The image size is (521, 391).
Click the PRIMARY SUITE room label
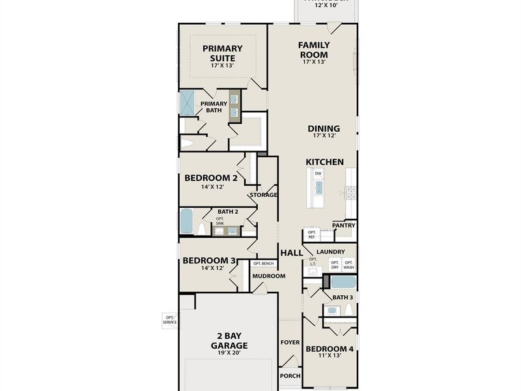tap(222, 53)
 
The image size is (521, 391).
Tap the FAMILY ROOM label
tap(314, 50)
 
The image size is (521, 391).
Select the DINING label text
tap(324, 128)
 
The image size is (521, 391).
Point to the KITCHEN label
tap(325, 162)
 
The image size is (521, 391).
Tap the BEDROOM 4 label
tap(330, 349)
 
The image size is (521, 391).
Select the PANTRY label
tap(343, 225)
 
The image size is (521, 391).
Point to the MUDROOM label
tap(269, 276)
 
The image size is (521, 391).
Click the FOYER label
tap(290, 342)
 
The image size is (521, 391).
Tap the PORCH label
tap(290, 376)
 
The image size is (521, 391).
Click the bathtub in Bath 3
tap(343, 283)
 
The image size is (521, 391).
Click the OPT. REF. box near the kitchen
tap(312, 235)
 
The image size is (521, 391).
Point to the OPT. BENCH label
tap(263, 263)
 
